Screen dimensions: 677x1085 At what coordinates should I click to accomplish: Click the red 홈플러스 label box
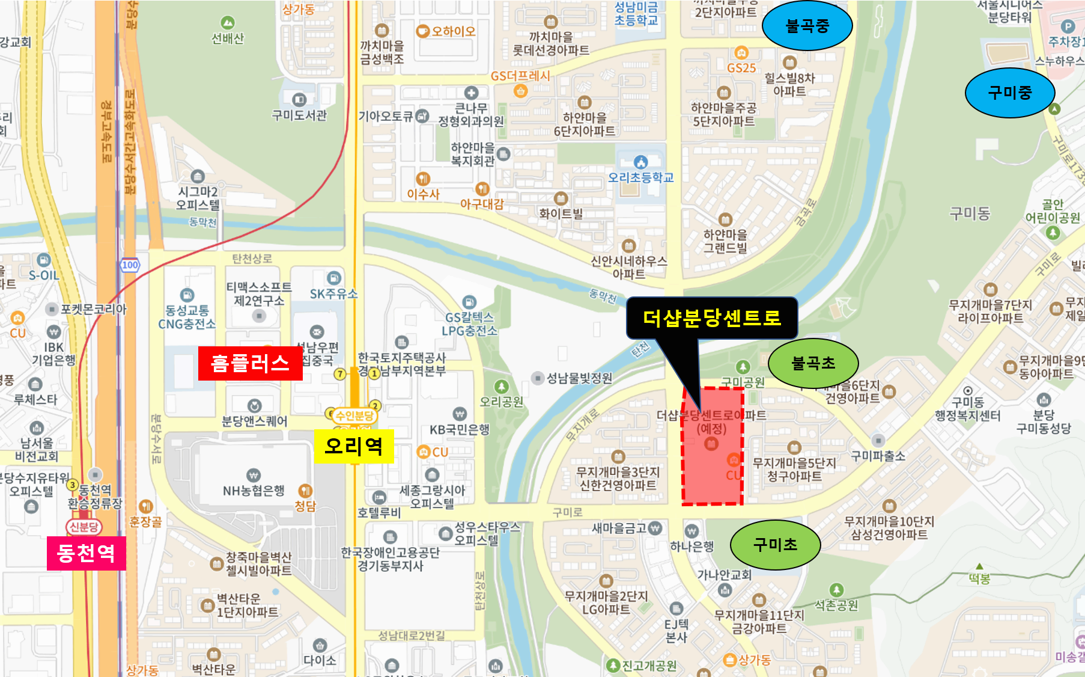tap(250, 363)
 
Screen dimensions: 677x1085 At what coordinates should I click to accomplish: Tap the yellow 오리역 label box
tap(353, 446)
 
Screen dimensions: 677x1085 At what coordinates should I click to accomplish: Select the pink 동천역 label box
tap(86, 553)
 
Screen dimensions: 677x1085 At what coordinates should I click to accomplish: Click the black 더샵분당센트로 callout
tap(711, 317)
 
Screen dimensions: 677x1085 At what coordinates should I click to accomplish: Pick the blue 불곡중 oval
tap(807, 26)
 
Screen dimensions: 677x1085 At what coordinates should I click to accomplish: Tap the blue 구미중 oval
tap(1009, 93)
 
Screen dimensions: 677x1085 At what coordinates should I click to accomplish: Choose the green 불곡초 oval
tap(813, 363)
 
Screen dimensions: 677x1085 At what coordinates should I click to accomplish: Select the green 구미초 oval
tap(775, 545)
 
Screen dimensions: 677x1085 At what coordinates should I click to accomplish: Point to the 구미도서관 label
tap(299, 115)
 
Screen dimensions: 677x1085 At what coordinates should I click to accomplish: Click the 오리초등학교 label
tap(640, 177)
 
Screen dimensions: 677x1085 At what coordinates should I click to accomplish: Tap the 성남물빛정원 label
tap(579, 378)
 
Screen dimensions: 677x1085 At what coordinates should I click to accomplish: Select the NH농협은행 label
tap(254, 491)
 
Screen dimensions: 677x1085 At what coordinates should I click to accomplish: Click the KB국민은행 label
tap(460, 429)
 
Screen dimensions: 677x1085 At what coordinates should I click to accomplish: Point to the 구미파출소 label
tap(878, 456)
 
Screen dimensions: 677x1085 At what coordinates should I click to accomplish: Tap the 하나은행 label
tap(692, 546)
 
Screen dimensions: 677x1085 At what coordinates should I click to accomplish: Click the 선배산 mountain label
tap(228, 38)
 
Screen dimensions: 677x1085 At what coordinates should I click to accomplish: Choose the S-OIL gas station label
tap(44, 275)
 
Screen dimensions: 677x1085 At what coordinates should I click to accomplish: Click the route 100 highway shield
tap(130, 265)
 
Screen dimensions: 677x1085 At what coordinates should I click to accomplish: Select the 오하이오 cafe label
tap(453, 31)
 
